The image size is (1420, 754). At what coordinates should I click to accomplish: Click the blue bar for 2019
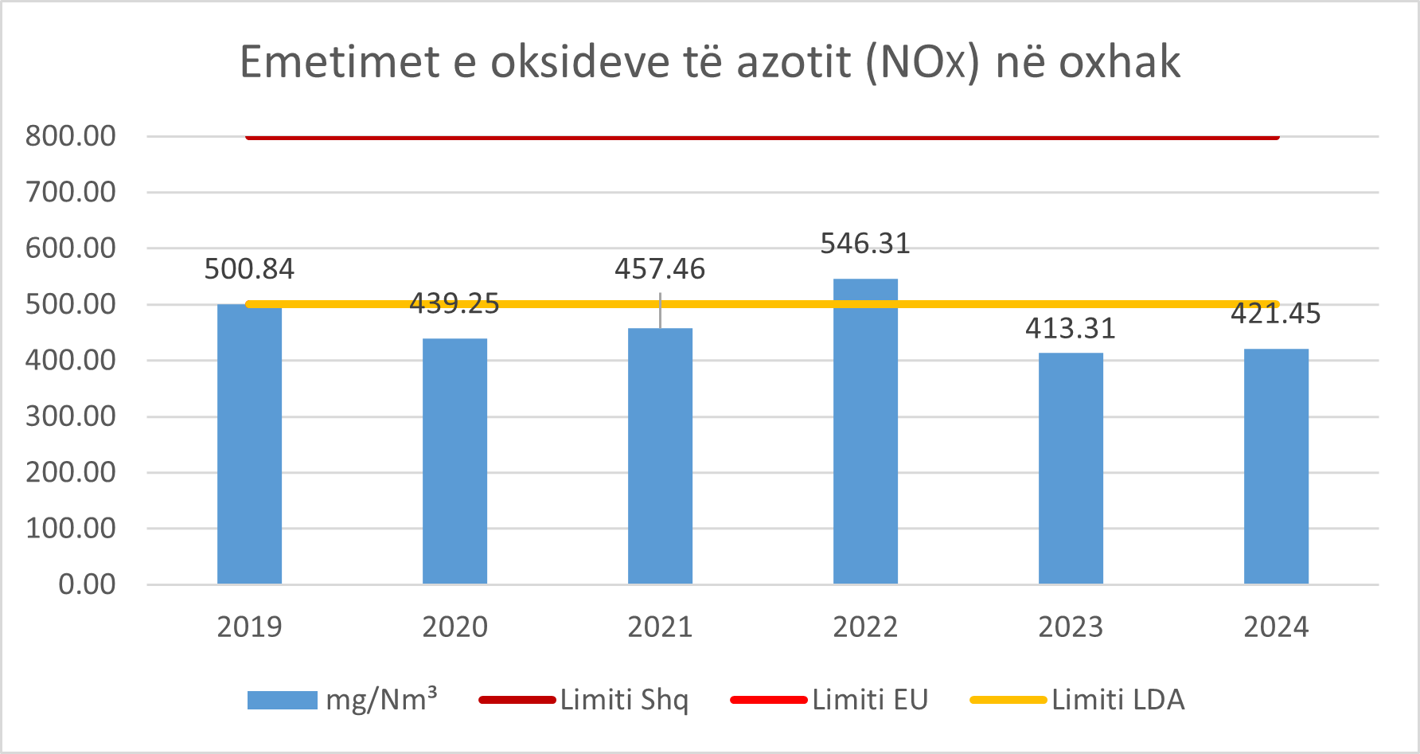(x=249, y=446)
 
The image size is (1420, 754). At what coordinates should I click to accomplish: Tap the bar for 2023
(x=1071, y=470)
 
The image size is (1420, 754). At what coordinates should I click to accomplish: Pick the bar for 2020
(x=454, y=462)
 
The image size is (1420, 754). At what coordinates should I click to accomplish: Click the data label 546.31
(x=865, y=244)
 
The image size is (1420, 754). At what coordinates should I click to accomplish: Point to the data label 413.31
(x=1071, y=329)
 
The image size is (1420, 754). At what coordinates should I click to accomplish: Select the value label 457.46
(x=660, y=269)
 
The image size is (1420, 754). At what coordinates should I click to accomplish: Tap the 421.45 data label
(x=1275, y=314)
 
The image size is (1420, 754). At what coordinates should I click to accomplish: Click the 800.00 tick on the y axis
(x=71, y=136)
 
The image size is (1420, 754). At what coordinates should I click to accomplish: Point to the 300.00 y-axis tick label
(x=71, y=416)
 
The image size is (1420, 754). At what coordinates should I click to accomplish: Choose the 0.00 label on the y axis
(x=87, y=584)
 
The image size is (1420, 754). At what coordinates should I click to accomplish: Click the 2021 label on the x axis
(x=660, y=627)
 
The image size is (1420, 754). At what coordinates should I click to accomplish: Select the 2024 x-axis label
(x=1276, y=627)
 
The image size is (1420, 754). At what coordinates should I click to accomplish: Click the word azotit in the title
(x=794, y=62)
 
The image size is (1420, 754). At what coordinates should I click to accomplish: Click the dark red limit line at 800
(x=762, y=138)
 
